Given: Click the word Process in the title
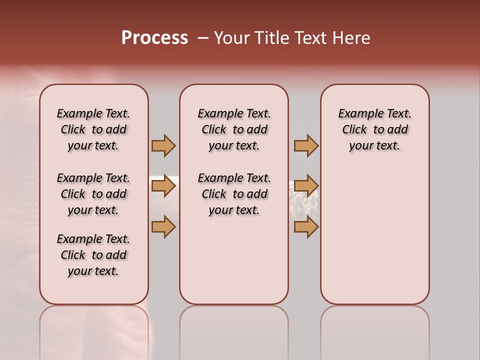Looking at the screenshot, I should coord(154,38).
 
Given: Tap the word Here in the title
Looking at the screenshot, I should coord(352,38).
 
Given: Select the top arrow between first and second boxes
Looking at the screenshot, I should coord(163,145).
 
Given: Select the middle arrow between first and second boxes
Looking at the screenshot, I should coord(163,186).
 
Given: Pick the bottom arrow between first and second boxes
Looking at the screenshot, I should coord(163,227).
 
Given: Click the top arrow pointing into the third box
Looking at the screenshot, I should coord(306,145).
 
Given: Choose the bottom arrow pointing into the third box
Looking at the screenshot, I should coord(306,227).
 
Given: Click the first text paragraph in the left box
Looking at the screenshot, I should coord(93,129).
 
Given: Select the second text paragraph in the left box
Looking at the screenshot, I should coord(93,194).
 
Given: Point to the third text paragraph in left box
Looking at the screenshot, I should coord(93,255).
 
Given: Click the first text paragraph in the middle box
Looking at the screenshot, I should coord(234,129).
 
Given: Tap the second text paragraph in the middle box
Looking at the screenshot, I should coord(234,194).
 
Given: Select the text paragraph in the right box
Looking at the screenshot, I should coord(375,129).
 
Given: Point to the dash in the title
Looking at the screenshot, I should coord(203,38).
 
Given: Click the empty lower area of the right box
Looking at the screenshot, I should coord(375,240).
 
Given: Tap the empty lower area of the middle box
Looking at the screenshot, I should coord(234,260).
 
